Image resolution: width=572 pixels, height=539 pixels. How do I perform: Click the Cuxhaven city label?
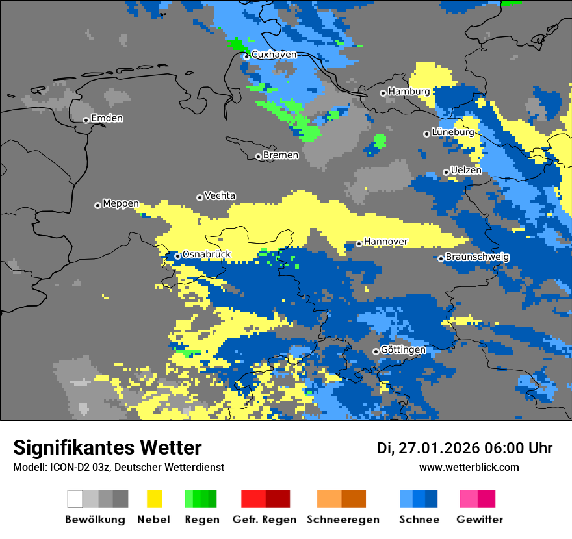[274, 55]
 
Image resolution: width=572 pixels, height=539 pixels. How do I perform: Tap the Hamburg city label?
[409, 92]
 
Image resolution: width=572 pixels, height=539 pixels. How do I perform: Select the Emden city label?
[107, 118]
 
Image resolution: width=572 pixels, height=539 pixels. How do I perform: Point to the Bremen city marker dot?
[258, 157]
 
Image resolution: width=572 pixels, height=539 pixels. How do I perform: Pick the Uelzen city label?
[466, 170]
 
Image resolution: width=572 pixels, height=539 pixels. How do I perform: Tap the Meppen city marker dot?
[97, 205]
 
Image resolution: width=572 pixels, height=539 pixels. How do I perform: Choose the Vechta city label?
[220, 195]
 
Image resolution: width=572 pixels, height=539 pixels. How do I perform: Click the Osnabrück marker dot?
[177, 256]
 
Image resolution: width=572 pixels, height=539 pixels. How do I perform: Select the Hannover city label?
[385, 242]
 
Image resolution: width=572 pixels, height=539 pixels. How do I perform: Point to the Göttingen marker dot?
[376, 351]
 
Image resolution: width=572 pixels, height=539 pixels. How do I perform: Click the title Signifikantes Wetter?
[107, 447]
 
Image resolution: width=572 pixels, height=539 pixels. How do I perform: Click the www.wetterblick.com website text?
[469, 467]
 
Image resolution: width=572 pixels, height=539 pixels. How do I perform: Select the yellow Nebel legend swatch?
[154, 499]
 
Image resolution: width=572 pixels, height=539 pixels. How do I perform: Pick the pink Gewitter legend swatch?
[469, 499]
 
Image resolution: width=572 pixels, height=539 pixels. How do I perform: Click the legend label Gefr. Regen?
[265, 520]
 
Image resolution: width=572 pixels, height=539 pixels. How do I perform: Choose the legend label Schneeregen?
[343, 520]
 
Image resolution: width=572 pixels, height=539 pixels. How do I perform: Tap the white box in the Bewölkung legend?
[75, 499]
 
